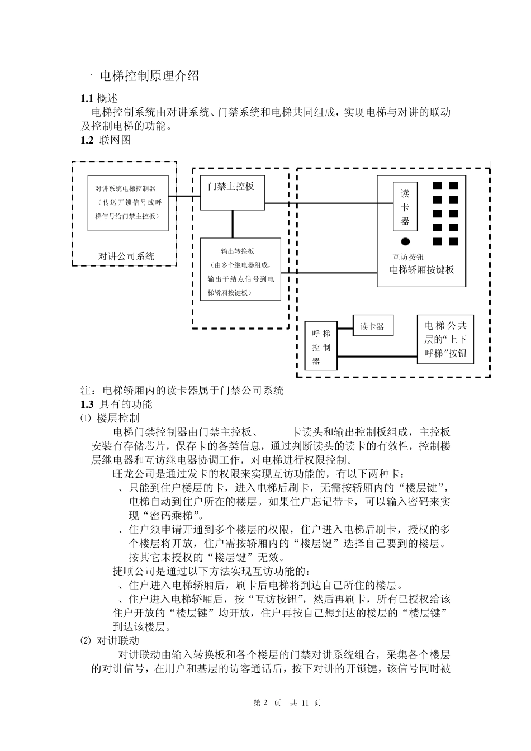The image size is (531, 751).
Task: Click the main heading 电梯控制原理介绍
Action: (149, 77)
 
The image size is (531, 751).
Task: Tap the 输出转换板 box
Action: (240, 269)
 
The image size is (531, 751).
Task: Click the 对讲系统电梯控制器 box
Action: (128, 203)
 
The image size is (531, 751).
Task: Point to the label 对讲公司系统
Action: (126, 256)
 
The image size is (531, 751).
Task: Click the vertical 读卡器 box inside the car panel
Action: (405, 206)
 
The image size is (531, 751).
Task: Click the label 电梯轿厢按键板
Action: (421, 270)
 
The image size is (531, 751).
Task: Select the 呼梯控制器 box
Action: (321, 346)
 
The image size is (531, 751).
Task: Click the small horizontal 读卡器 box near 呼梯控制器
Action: (372, 326)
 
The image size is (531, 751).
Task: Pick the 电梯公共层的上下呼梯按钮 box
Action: (445, 339)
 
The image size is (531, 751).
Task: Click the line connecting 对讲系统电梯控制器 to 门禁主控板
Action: (184, 196)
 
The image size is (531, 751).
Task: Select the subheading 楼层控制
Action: (118, 418)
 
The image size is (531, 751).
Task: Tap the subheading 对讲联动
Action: (118, 640)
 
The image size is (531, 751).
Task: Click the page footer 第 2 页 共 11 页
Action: (287, 702)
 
